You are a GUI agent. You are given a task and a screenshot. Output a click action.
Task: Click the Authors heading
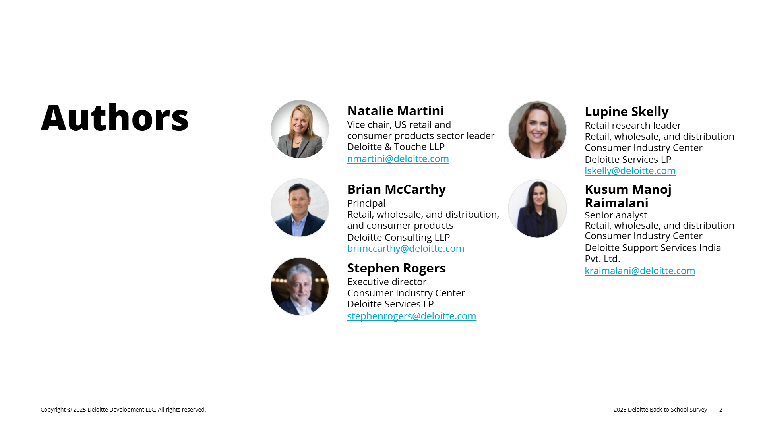(x=114, y=118)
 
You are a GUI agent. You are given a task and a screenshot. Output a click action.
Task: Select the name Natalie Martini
(x=395, y=110)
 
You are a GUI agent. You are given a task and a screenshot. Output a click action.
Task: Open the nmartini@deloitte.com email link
(x=398, y=158)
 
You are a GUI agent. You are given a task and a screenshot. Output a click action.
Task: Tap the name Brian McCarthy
(x=396, y=189)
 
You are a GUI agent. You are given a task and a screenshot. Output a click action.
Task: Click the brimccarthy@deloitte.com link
(x=406, y=248)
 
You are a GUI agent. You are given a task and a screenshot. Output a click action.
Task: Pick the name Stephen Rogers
(x=396, y=268)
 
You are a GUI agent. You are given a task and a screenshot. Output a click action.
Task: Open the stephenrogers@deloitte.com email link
(x=412, y=316)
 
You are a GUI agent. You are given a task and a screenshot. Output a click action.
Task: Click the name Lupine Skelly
(x=626, y=112)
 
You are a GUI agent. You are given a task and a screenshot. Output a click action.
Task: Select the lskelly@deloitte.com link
(x=630, y=170)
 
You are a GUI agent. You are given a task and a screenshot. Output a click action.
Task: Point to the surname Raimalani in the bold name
(x=616, y=203)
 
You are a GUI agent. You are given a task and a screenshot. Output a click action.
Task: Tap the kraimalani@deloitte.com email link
(x=640, y=271)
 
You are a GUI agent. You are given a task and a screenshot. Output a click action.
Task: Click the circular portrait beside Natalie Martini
(x=300, y=129)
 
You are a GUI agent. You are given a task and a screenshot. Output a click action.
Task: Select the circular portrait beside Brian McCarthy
(x=300, y=208)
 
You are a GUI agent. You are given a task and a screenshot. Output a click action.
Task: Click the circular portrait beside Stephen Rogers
(x=300, y=286)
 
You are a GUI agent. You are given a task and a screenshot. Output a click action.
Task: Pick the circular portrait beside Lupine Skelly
(x=537, y=130)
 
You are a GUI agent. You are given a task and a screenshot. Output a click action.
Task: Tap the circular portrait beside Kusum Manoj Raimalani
(x=537, y=209)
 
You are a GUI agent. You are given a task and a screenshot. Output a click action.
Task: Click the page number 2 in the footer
(x=721, y=410)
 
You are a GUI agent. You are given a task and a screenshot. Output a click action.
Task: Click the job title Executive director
(x=387, y=282)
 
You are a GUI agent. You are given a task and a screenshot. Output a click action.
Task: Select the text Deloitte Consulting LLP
(x=399, y=237)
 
